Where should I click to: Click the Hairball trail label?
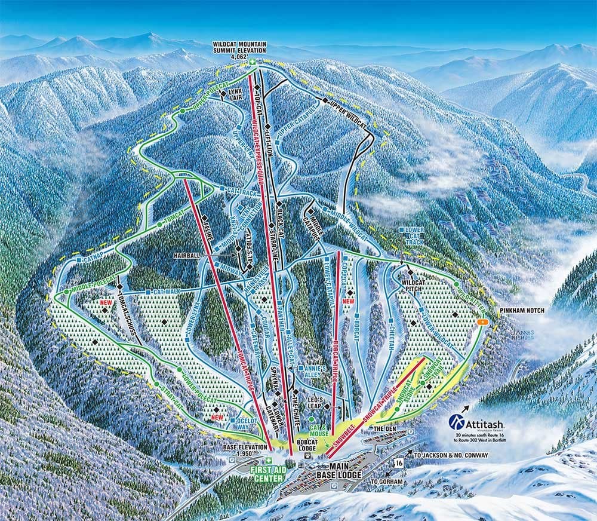point(186,255)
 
